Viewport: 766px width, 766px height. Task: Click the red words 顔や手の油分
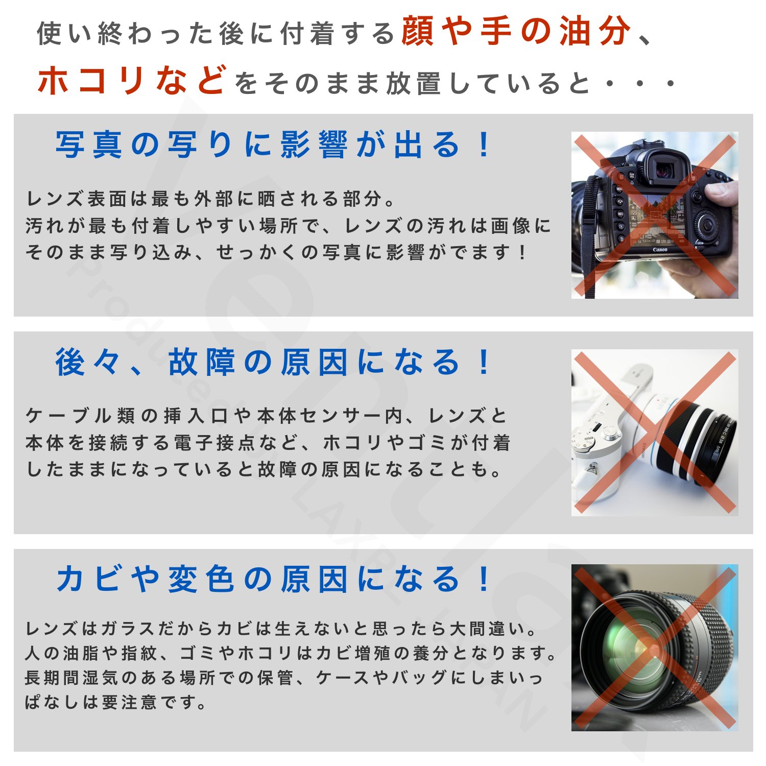click(x=517, y=32)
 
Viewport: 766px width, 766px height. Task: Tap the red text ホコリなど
click(x=132, y=81)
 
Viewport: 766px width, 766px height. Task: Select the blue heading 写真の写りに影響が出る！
click(x=273, y=145)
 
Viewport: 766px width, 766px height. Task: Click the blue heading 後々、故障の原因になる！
click(x=273, y=362)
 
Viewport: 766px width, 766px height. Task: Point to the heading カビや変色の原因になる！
click(x=273, y=580)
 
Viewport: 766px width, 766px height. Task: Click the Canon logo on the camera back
click(x=660, y=250)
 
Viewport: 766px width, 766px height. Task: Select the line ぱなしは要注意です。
click(x=116, y=703)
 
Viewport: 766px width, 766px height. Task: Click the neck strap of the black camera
click(x=588, y=235)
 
